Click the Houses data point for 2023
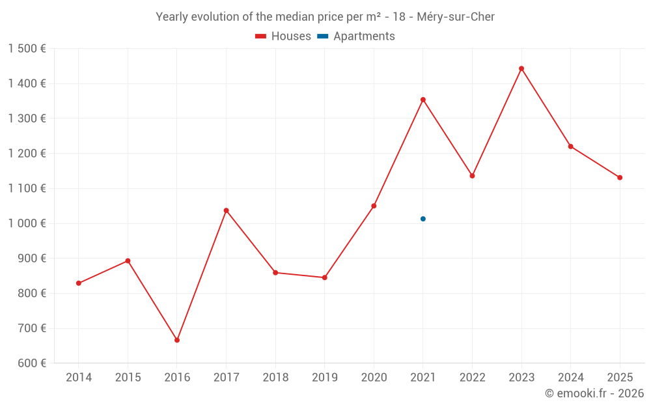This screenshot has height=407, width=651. tap(521, 68)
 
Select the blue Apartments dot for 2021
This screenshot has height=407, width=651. tap(423, 219)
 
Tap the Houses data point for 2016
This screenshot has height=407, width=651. tap(177, 340)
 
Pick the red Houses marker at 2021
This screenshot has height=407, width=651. tap(423, 100)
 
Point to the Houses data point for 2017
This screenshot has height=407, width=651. tap(226, 210)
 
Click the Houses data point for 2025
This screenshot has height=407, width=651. tap(620, 178)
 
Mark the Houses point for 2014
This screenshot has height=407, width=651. tap(79, 283)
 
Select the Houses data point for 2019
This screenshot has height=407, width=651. tap(325, 277)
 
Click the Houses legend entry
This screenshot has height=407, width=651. tap(283, 36)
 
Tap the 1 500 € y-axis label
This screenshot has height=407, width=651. tap(27, 49)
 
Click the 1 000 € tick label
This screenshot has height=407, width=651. tap(27, 223)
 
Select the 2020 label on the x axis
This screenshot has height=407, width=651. tap(374, 378)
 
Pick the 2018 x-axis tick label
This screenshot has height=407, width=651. tap(275, 378)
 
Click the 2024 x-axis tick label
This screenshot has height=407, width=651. tap(570, 378)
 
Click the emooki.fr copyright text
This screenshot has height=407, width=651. tap(594, 393)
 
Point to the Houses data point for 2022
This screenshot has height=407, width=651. tap(472, 176)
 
